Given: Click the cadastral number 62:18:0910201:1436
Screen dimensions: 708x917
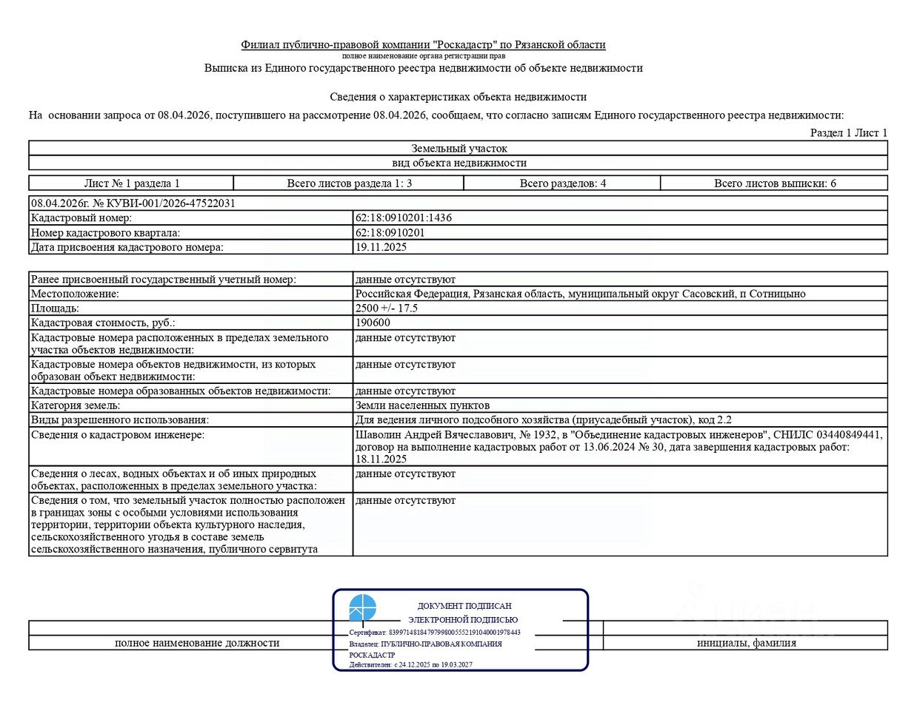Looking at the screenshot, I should click(x=404, y=218).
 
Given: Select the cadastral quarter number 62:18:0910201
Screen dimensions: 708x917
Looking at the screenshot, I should click(x=390, y=233).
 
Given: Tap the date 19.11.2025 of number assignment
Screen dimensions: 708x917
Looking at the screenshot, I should click(x=381, y=247).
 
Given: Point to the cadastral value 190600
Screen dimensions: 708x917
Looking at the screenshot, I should click(x=373, y=323).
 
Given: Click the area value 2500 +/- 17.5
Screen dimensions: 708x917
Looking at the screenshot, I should click(x=387, y=309).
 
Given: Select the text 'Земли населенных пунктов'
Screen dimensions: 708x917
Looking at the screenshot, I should click(x=422, y=405).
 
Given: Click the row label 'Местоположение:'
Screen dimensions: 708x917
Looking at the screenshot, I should click(x=75, y=294).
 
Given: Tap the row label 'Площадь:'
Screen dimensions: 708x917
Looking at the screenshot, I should click(x=55, y=309).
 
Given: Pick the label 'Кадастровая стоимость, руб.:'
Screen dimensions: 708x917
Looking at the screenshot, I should click(x=103, y=323).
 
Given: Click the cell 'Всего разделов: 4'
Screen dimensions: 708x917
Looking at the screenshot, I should click(x=563, y=183).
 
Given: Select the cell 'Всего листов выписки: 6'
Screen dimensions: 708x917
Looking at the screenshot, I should click(x=775, y=183).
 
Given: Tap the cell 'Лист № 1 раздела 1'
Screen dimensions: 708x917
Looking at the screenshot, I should click(x=132, y=183).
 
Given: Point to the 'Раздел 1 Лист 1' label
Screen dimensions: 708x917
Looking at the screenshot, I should click(x=848, y=133).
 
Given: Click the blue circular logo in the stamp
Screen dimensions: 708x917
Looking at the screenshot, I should click(x=363, y=607).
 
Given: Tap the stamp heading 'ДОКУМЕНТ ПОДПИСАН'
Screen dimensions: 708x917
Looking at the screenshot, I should click(x=464, y=606).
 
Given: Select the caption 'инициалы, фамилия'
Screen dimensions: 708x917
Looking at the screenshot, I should click(x=746, y=643).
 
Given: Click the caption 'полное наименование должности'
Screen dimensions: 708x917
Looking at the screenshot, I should click(x=197, y=643).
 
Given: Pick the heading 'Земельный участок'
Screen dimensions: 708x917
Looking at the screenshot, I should click(x=459, y=149).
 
